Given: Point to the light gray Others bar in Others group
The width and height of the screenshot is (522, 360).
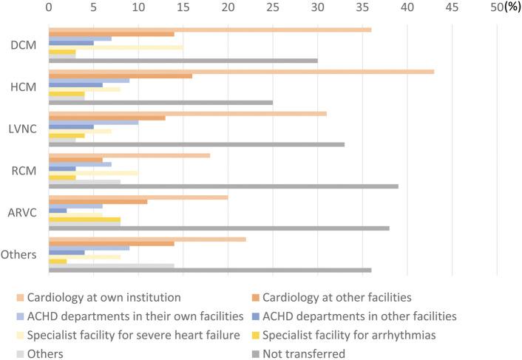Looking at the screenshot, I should pos(111,265).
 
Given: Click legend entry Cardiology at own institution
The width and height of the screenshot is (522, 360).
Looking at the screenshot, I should pos(104,298).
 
